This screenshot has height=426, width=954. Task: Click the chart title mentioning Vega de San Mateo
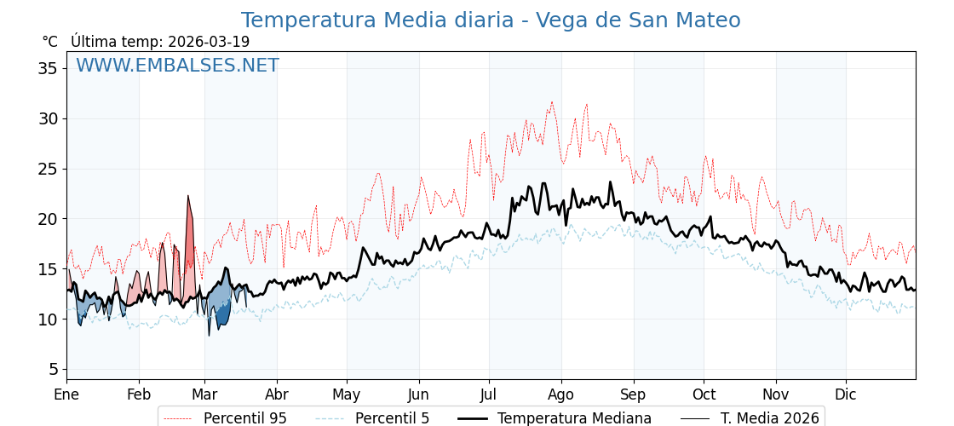coord(491,20)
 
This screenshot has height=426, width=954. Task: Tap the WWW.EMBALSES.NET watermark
coord(177,66)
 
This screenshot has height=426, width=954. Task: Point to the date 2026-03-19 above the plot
coord(209,42)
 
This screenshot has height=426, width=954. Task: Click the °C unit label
coord(50,42)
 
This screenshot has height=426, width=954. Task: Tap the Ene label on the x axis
coord(66,394)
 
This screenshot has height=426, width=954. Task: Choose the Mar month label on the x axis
coord(204,394)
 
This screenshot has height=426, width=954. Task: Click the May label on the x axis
coord(347,394)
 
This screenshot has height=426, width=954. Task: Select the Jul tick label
coord(489,394)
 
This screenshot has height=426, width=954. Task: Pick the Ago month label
coord(561,394)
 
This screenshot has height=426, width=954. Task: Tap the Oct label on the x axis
coord(704,394)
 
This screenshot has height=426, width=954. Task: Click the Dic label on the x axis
coord(846,394)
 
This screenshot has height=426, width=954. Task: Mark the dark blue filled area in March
coord(223,314)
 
